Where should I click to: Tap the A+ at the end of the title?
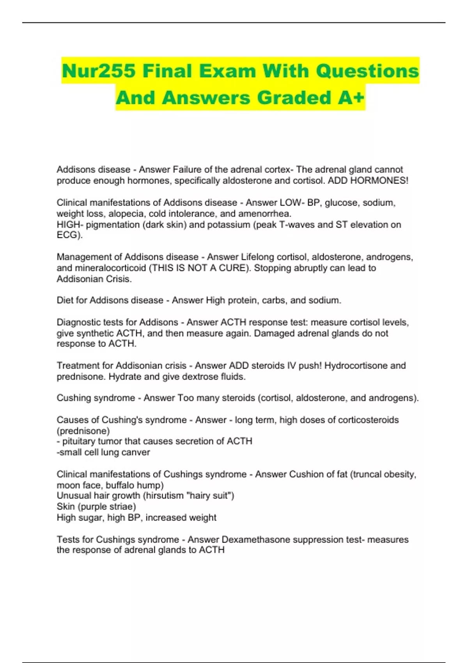351,97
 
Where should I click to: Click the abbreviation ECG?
68,235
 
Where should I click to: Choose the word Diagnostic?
78,322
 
